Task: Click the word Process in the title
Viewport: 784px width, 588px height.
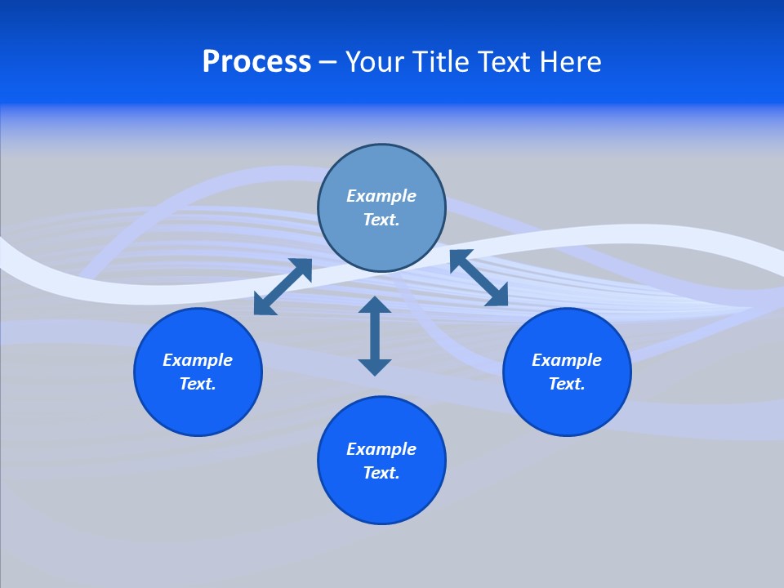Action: tap(256, 62)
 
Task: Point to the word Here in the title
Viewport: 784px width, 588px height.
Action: tap(572, 62)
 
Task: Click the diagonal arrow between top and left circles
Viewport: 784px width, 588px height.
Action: tap(283, 287)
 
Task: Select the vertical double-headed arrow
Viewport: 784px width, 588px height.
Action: tap(375, 336)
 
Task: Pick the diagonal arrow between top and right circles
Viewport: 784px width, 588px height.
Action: tap(479, 278)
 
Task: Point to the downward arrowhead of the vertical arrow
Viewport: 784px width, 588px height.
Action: tap(375, 367)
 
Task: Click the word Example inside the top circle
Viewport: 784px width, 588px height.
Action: tap(381, 196)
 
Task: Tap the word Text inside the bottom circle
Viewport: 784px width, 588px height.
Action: tap(381, 473)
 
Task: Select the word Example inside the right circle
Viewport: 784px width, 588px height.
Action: tap(567, 360)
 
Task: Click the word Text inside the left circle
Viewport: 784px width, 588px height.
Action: tap(198, 384)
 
